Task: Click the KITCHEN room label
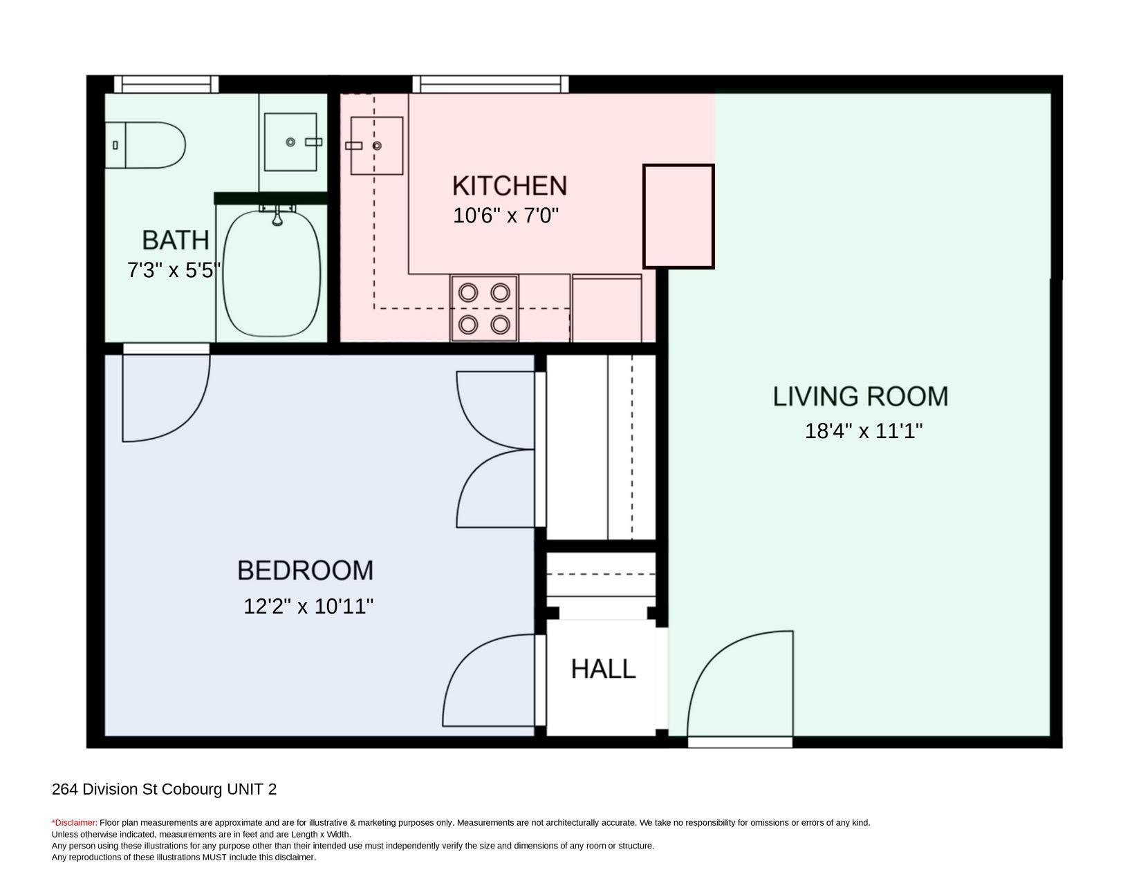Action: pos(510,186)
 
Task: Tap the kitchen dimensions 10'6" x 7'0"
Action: pos(505,216)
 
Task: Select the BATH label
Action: pos(176,240)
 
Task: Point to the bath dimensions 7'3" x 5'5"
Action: pos(174,270)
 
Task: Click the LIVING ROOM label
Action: pos(861,396)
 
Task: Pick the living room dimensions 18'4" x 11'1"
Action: pos(864,430)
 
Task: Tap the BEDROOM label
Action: pos(305,570)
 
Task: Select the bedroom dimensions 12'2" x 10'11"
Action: pos(308,607)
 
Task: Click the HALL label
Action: pos(603,669)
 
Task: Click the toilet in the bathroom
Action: pos(145,145)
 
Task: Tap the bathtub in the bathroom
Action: pos(272,273)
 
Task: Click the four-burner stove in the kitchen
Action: pos(484,309)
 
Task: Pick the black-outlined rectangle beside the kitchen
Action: pos(678,216)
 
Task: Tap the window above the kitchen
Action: pos(490,84)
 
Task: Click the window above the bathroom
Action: pos(166,84)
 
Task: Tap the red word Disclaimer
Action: pos(75,823)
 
